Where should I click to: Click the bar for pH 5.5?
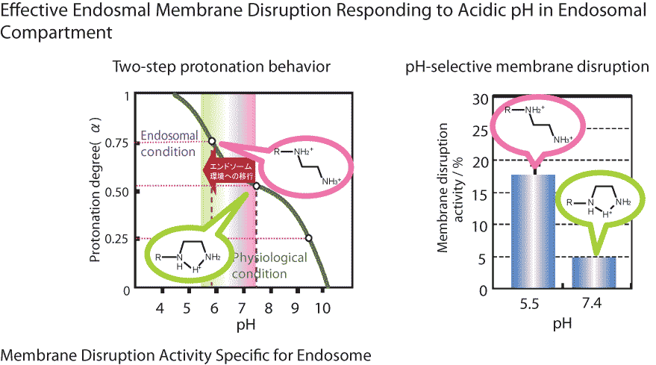pos(532,231)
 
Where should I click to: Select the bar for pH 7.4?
pos(593,272)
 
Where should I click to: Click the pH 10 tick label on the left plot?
pos(322,309)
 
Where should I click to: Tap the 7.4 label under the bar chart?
pos(594,305)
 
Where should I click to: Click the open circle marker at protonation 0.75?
pos(212,140)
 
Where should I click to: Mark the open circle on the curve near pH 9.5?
pos(309,238)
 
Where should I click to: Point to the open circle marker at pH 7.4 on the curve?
pos(256,187)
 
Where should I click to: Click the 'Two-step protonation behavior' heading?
pos(221,66)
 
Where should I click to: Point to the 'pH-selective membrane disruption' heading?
pos(527,66)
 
